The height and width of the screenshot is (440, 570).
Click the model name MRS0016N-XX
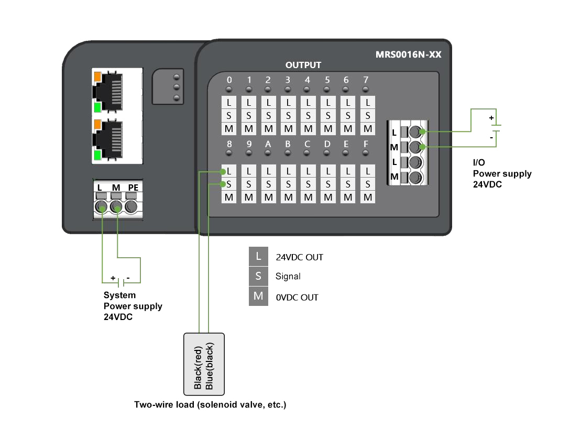point(408,54)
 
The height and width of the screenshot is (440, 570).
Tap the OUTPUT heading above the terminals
point(303,65)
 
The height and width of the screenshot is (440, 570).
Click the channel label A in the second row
point(268,144)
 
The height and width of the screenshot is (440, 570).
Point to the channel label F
point(368,144)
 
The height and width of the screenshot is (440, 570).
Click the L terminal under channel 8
point(228,171)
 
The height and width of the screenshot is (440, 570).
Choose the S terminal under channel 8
point(228,184)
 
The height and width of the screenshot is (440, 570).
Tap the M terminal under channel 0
point(228,128)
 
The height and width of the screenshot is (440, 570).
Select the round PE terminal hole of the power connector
point(131,208)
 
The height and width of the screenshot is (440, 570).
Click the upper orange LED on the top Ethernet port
point(97,76)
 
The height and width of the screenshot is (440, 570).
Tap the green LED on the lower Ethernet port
point(97,156)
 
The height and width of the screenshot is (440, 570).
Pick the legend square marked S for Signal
point(258,276)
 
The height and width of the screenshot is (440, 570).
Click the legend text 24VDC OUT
point(299,257)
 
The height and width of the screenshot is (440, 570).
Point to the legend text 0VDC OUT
point(297,298)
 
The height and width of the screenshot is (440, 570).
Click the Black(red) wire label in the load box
point(198,367)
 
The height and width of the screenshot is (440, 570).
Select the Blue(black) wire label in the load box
point(210,367)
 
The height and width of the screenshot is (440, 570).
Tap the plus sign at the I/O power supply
point(491,118)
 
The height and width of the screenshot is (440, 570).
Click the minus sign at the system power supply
point(128,278)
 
